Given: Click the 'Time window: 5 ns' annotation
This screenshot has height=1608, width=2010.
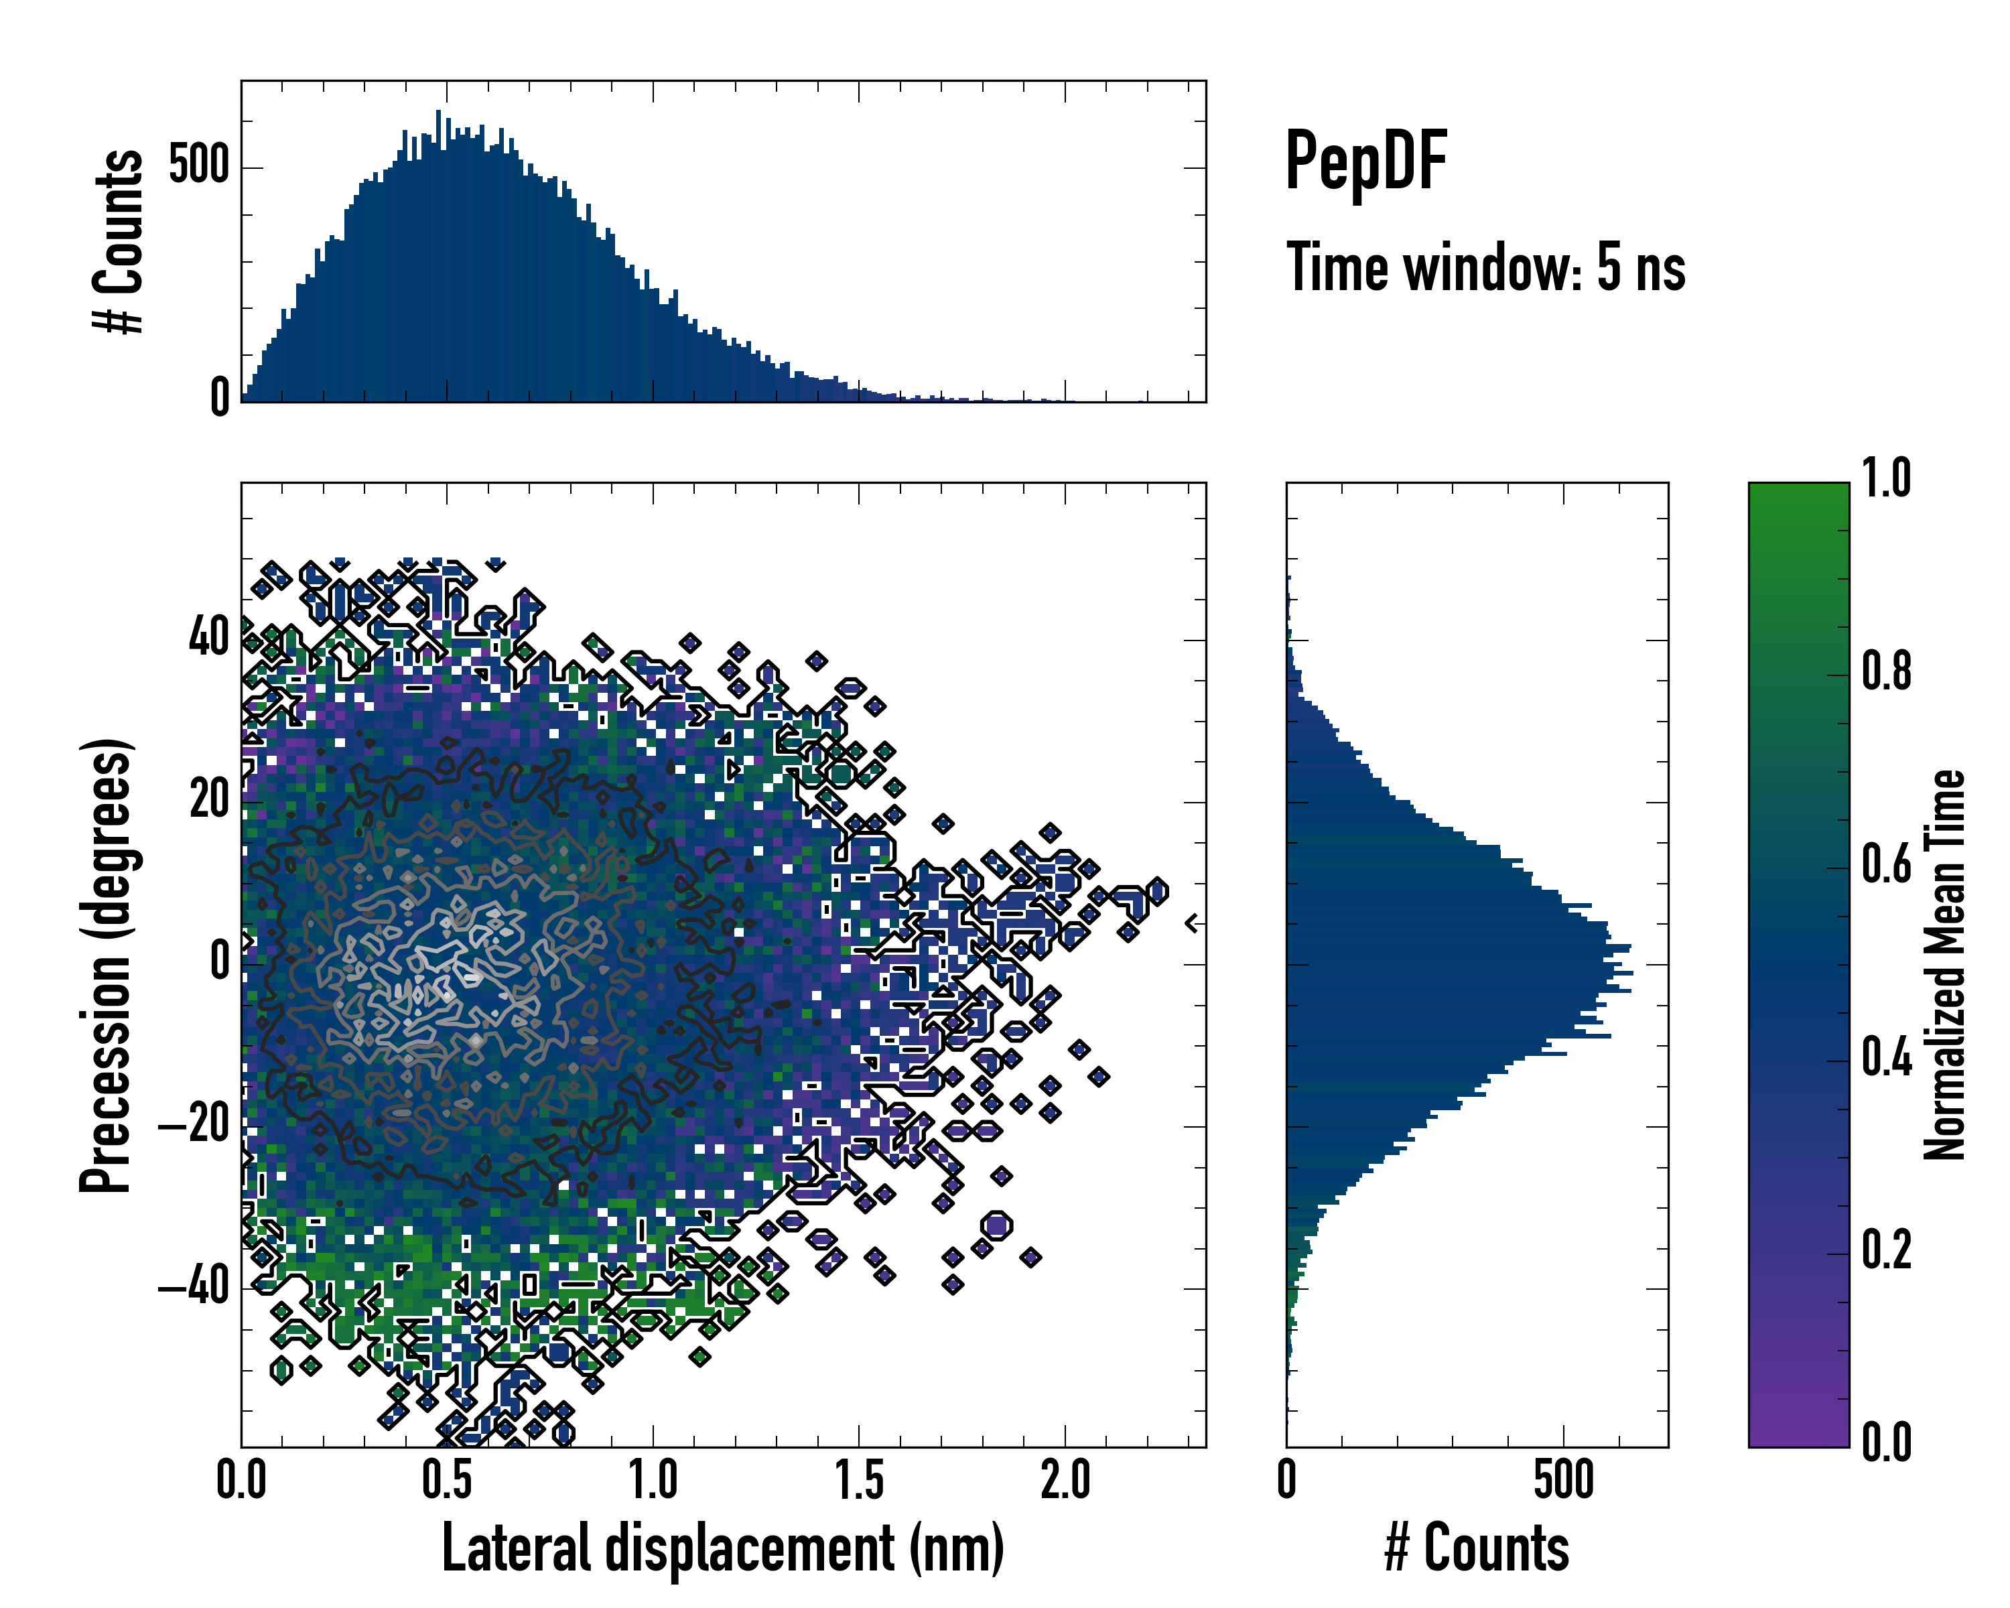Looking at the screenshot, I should click(x=1485, y=267).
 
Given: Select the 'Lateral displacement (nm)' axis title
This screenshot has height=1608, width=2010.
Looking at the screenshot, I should click(x=722, y=1548).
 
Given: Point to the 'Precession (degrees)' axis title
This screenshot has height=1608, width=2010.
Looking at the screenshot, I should click(x=107, y=965).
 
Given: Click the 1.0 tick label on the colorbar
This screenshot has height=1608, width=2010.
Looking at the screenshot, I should click(x=1886, y=479).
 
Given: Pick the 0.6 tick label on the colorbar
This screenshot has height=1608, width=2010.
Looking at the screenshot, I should click(x=1886, y=864).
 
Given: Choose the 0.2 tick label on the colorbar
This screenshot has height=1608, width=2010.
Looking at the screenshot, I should click(x=1886, y=1250).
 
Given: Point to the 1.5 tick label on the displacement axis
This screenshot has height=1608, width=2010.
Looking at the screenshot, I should click(x=859, y=1480).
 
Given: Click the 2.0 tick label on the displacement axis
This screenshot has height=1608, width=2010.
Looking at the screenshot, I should click(x=1065, y=1480).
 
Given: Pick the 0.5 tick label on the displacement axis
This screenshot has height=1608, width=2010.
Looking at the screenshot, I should click(x=447, y=1480).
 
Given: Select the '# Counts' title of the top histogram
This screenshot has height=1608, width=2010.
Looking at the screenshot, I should click(x=119, y=241).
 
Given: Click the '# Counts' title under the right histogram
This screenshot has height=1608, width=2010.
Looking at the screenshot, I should click(x=1477, y=1548).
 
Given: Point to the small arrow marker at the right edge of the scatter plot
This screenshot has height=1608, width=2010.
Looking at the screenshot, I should click(x=1191, y=923).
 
